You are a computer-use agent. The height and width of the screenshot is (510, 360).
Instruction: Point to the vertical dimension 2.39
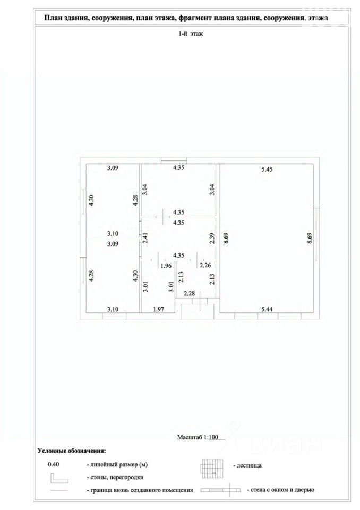click(212, 239)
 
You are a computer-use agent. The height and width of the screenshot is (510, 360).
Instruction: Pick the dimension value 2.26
click(205, 266)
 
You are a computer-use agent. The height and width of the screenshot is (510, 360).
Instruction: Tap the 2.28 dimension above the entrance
click(189, 293)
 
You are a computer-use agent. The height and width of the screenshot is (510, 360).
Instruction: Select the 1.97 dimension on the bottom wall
click(159, 309)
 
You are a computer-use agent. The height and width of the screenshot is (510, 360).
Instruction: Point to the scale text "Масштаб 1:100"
click(198, 438)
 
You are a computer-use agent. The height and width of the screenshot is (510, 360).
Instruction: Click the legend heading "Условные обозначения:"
click(71, 451)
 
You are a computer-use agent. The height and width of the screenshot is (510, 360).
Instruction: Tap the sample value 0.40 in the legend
click(54, 464)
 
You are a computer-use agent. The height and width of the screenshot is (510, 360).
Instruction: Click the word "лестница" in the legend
click(247, 465)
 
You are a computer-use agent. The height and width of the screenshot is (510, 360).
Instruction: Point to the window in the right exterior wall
click(316, 234)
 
